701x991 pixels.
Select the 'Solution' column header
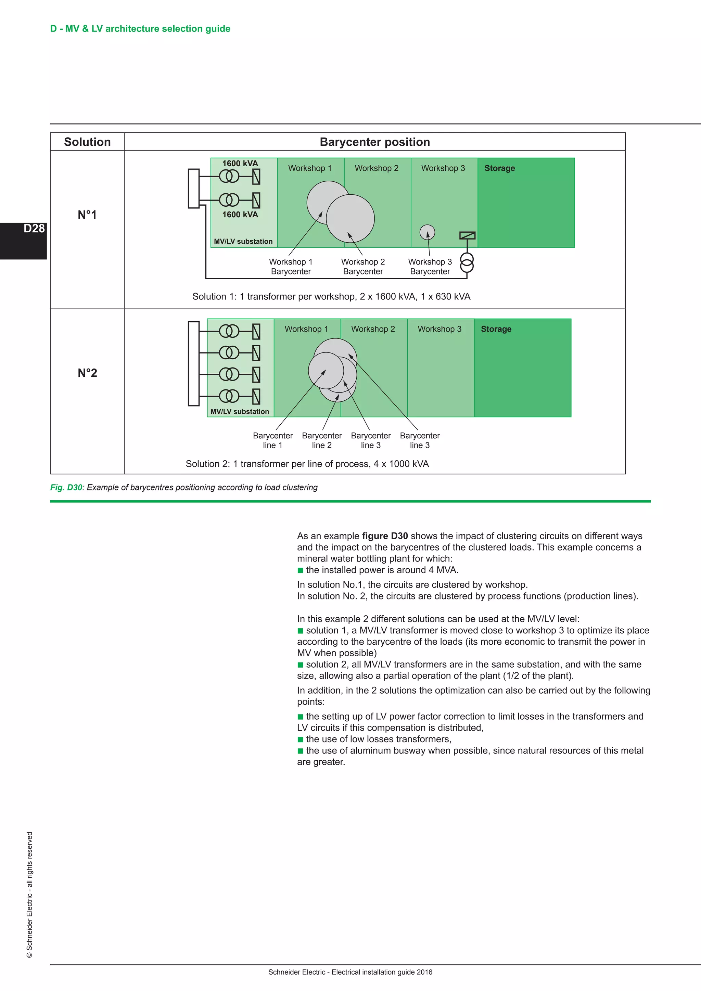(87, 142)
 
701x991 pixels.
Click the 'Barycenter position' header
(375, 142)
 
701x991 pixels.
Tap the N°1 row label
(87, 215)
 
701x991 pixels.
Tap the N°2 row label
(87, 373)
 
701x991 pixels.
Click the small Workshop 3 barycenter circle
(427, 232)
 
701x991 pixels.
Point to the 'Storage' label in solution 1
(499, 168)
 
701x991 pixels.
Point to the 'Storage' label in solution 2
(496, 329)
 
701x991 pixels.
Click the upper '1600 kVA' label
(240, 164)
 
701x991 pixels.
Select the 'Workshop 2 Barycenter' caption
(362, 267)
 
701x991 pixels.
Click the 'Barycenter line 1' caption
(273, 440)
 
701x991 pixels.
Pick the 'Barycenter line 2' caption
(322, 440)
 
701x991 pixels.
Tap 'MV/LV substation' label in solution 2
(240, 412)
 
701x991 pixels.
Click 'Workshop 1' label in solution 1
(309, 168)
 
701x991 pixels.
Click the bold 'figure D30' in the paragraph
(385, 536)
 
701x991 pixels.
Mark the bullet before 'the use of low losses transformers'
(301, 739)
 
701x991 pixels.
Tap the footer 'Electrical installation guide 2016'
(382, 972)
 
